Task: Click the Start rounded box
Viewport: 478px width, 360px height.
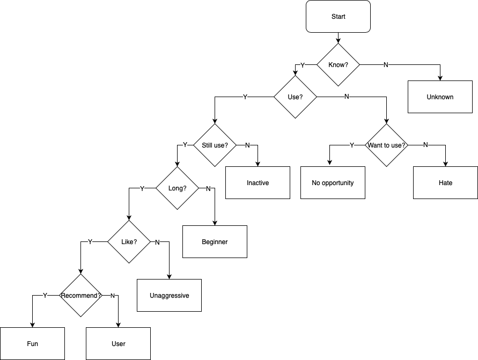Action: [338, 17]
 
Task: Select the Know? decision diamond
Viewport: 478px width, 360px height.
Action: [338, 65]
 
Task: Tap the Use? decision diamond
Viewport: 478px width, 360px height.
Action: [295, 97]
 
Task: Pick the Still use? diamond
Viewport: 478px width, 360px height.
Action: [215, 145]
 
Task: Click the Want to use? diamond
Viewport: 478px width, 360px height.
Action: [386, 145]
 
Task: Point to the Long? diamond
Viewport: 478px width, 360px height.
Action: [177, 188]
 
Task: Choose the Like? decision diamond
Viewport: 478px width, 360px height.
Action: [129, 242]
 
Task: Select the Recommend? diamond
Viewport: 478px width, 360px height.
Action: [80, 296]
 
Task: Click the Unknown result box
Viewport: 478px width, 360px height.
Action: [440, 97]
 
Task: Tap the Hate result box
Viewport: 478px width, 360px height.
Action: [445, 183]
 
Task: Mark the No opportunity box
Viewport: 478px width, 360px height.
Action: [333, 183]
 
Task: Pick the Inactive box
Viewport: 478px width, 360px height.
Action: [258, 183]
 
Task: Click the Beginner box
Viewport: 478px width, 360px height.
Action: [215, 242]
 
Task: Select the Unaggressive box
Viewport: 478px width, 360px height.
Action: [169, 296]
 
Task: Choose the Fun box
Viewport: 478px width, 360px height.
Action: [32, 344]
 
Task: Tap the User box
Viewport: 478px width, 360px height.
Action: [118, 344]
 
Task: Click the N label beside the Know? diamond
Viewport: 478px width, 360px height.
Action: [386, 65]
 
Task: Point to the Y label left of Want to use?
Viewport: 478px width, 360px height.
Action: [352, 145]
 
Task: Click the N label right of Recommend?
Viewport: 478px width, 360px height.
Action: [112, 296]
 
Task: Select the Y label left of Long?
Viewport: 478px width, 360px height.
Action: [142, 188]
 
